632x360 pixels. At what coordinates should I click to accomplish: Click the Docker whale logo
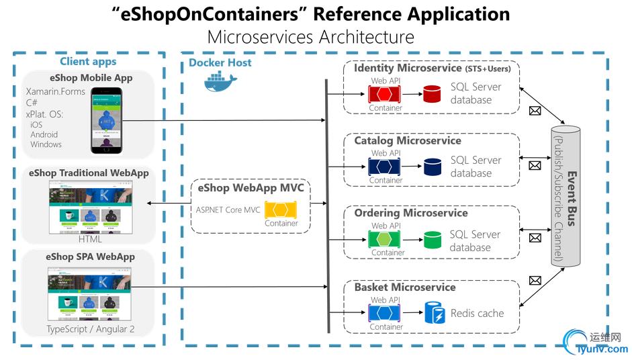tap(220, 84)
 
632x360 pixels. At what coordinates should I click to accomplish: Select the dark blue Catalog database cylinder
tap(432, 166)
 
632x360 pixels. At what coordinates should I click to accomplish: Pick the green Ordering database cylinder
tap(432, 240)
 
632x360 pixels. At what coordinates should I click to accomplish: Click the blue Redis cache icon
tap(433, 313)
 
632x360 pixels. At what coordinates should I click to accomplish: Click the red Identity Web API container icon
tap(385, 93)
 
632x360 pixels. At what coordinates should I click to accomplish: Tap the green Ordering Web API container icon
tap(385, 239)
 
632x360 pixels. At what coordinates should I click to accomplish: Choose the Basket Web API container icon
tap(385, 313)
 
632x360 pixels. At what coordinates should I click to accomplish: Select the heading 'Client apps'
tap(88, 62)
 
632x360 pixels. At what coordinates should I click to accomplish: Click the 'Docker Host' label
tap(220, 63)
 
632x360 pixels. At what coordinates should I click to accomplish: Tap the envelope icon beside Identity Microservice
tap(535, 111)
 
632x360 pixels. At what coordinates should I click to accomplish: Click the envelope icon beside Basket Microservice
tap(535, 280)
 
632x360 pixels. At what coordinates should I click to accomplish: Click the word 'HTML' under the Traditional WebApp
tap(90, 239)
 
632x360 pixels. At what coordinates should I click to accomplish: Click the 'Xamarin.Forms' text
tap(56, 91)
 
